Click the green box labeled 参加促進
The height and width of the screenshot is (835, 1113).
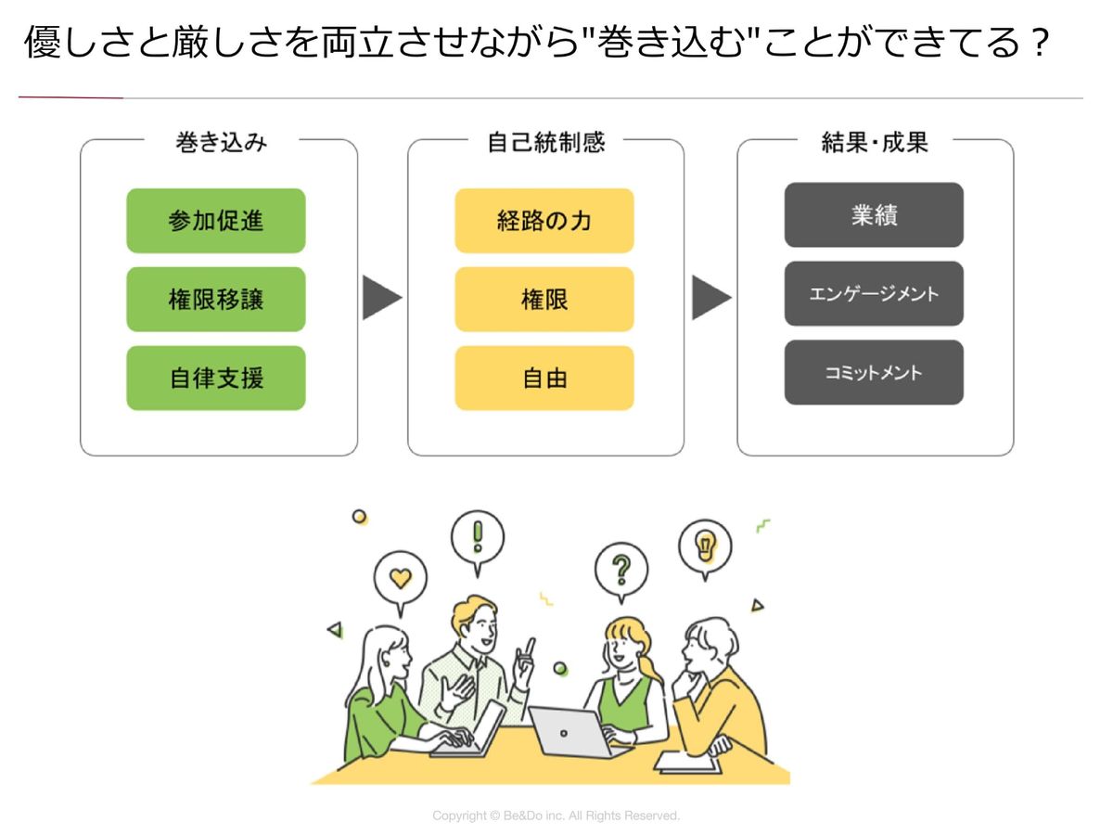pyautogui.click(x=216, y=221)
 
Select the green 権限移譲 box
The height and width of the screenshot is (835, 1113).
pyautogui.click(x=216, y=300)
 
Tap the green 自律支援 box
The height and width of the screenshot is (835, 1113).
pyautogui.click(x=216, y=379)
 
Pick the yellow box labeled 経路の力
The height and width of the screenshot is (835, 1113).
pyautogui.click(x=544, y=221)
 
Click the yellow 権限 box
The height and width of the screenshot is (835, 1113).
pyautogui.click(x=544, y=300)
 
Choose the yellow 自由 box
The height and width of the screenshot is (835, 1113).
pyautogui.click(x=544, y=379)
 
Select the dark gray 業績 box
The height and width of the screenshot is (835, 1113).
pyautogui.click(x=874, y=215)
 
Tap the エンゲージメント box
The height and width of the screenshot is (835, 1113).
pyautogui.click(x=874, y=294)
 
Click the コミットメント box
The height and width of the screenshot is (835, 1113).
pyautogui.click(x=874, y=372)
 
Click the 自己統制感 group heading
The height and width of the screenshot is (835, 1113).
pyautogui.click(x=545, y=142)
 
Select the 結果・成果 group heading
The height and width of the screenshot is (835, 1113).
pyautogui.click(x=875, y=142)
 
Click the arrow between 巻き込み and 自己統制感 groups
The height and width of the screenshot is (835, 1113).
pyautogui.click(x=381, y=298)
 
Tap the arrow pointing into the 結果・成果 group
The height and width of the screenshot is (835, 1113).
pyautogui.click(x=710, y=298)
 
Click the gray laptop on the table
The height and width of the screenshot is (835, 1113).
pyautogui.click(x=569, y=732)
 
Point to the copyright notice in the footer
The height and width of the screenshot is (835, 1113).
pyautogui.click(x=556, y=816)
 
